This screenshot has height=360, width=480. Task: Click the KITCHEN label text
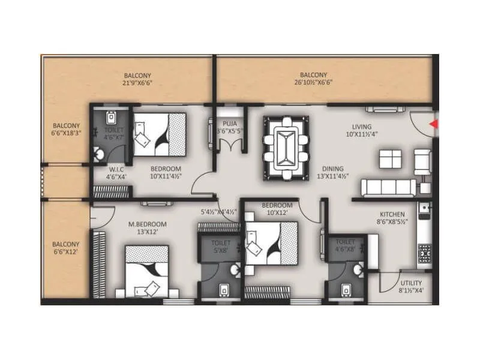click(x=392, y=214)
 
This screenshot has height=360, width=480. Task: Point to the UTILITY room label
click(x=411, y=283)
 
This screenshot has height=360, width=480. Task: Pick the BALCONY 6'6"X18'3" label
click(x=65, y=130)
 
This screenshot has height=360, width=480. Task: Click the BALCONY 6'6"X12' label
click(x=65, y=248)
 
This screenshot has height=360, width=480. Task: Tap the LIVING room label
click(x=362, y=127)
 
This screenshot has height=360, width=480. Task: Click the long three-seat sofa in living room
click(x=388, y=187)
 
